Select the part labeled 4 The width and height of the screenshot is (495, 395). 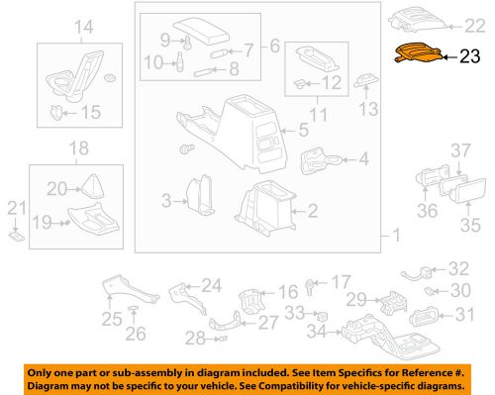pos(318,158)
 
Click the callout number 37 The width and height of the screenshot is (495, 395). pos(461,149)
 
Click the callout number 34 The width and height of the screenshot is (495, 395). pos(319,330)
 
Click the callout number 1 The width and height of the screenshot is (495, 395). pos(394,238)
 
